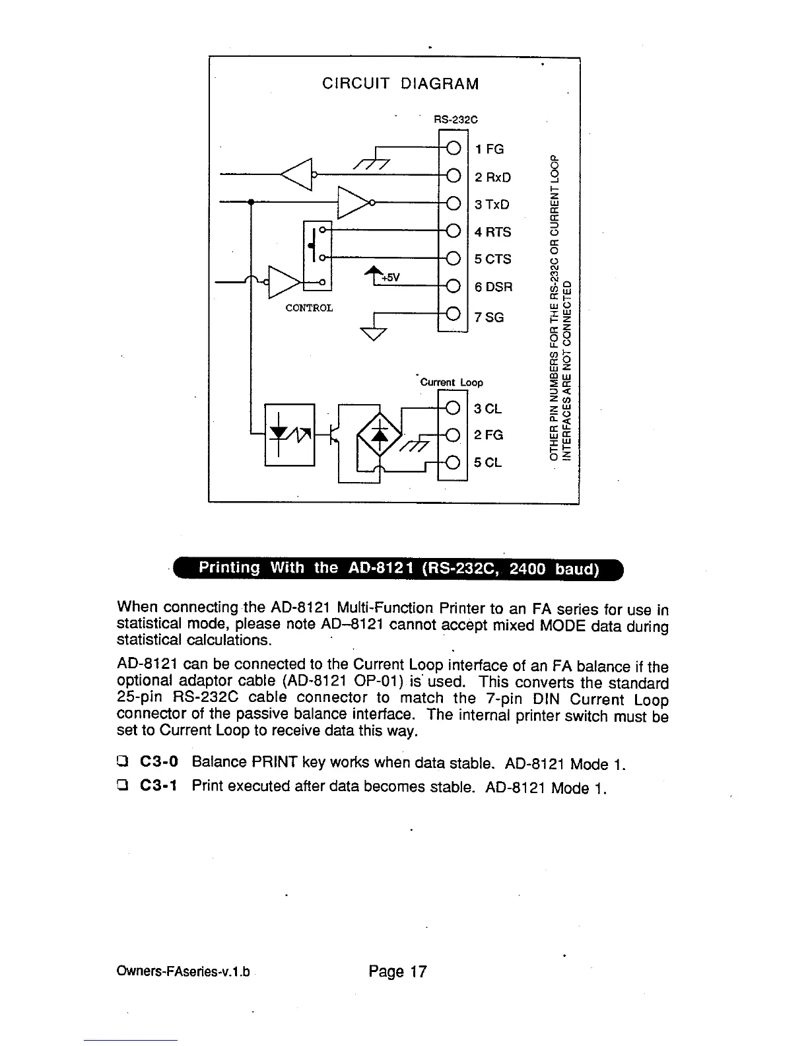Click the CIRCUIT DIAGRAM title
click(x=400, y=84)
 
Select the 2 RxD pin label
click(x=492, y=178)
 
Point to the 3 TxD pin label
click(x=492, y=205)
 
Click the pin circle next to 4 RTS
click(x=454, y=230)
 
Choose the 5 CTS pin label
click(x=492, y=260)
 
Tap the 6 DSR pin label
click(x=493, y=287)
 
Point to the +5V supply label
click(x=391, y=277)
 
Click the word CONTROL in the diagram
click(x=309, y=308)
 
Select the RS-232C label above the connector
click(x=455, y=120)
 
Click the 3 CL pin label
click(x=488, y=409)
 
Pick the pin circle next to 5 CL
click(x=454, y=462)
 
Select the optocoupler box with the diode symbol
click(x=289, y=434)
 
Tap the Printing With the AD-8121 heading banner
click(x=399, y=569)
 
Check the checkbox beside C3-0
click(x=122, y=762)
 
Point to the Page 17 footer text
click(x=398, y=971)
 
